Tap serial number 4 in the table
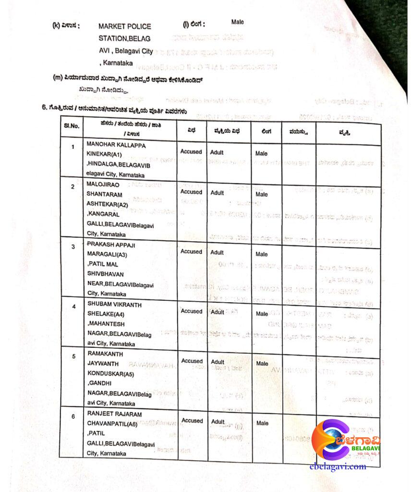[73, 306]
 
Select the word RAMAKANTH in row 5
[105, 354]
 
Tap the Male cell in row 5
[262, 363]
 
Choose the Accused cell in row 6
[192, 420]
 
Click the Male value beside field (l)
[237, 22]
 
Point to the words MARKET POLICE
[124, 27]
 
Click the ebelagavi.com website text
[338, 466]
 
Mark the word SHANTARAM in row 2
[104, 195]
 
